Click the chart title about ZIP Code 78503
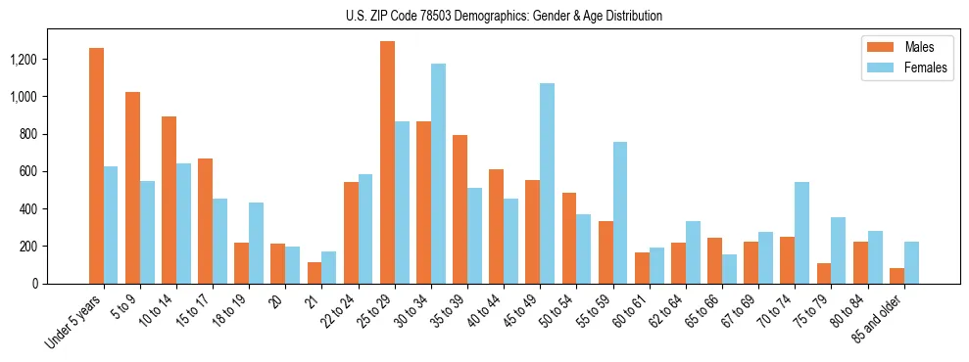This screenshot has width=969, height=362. click(504, 16)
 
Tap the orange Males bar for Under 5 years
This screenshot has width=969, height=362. click(96, 166)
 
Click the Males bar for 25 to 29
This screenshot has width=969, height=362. click(387, 162)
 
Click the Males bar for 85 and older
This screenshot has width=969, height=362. click(896, 276)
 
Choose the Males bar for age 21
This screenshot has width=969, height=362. click(315, 273)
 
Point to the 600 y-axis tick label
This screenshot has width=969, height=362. click(57, 172)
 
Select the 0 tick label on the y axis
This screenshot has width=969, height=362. click(63, 284)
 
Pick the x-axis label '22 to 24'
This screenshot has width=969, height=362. click(337, 311)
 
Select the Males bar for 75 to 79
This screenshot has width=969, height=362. click(824, 274)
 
